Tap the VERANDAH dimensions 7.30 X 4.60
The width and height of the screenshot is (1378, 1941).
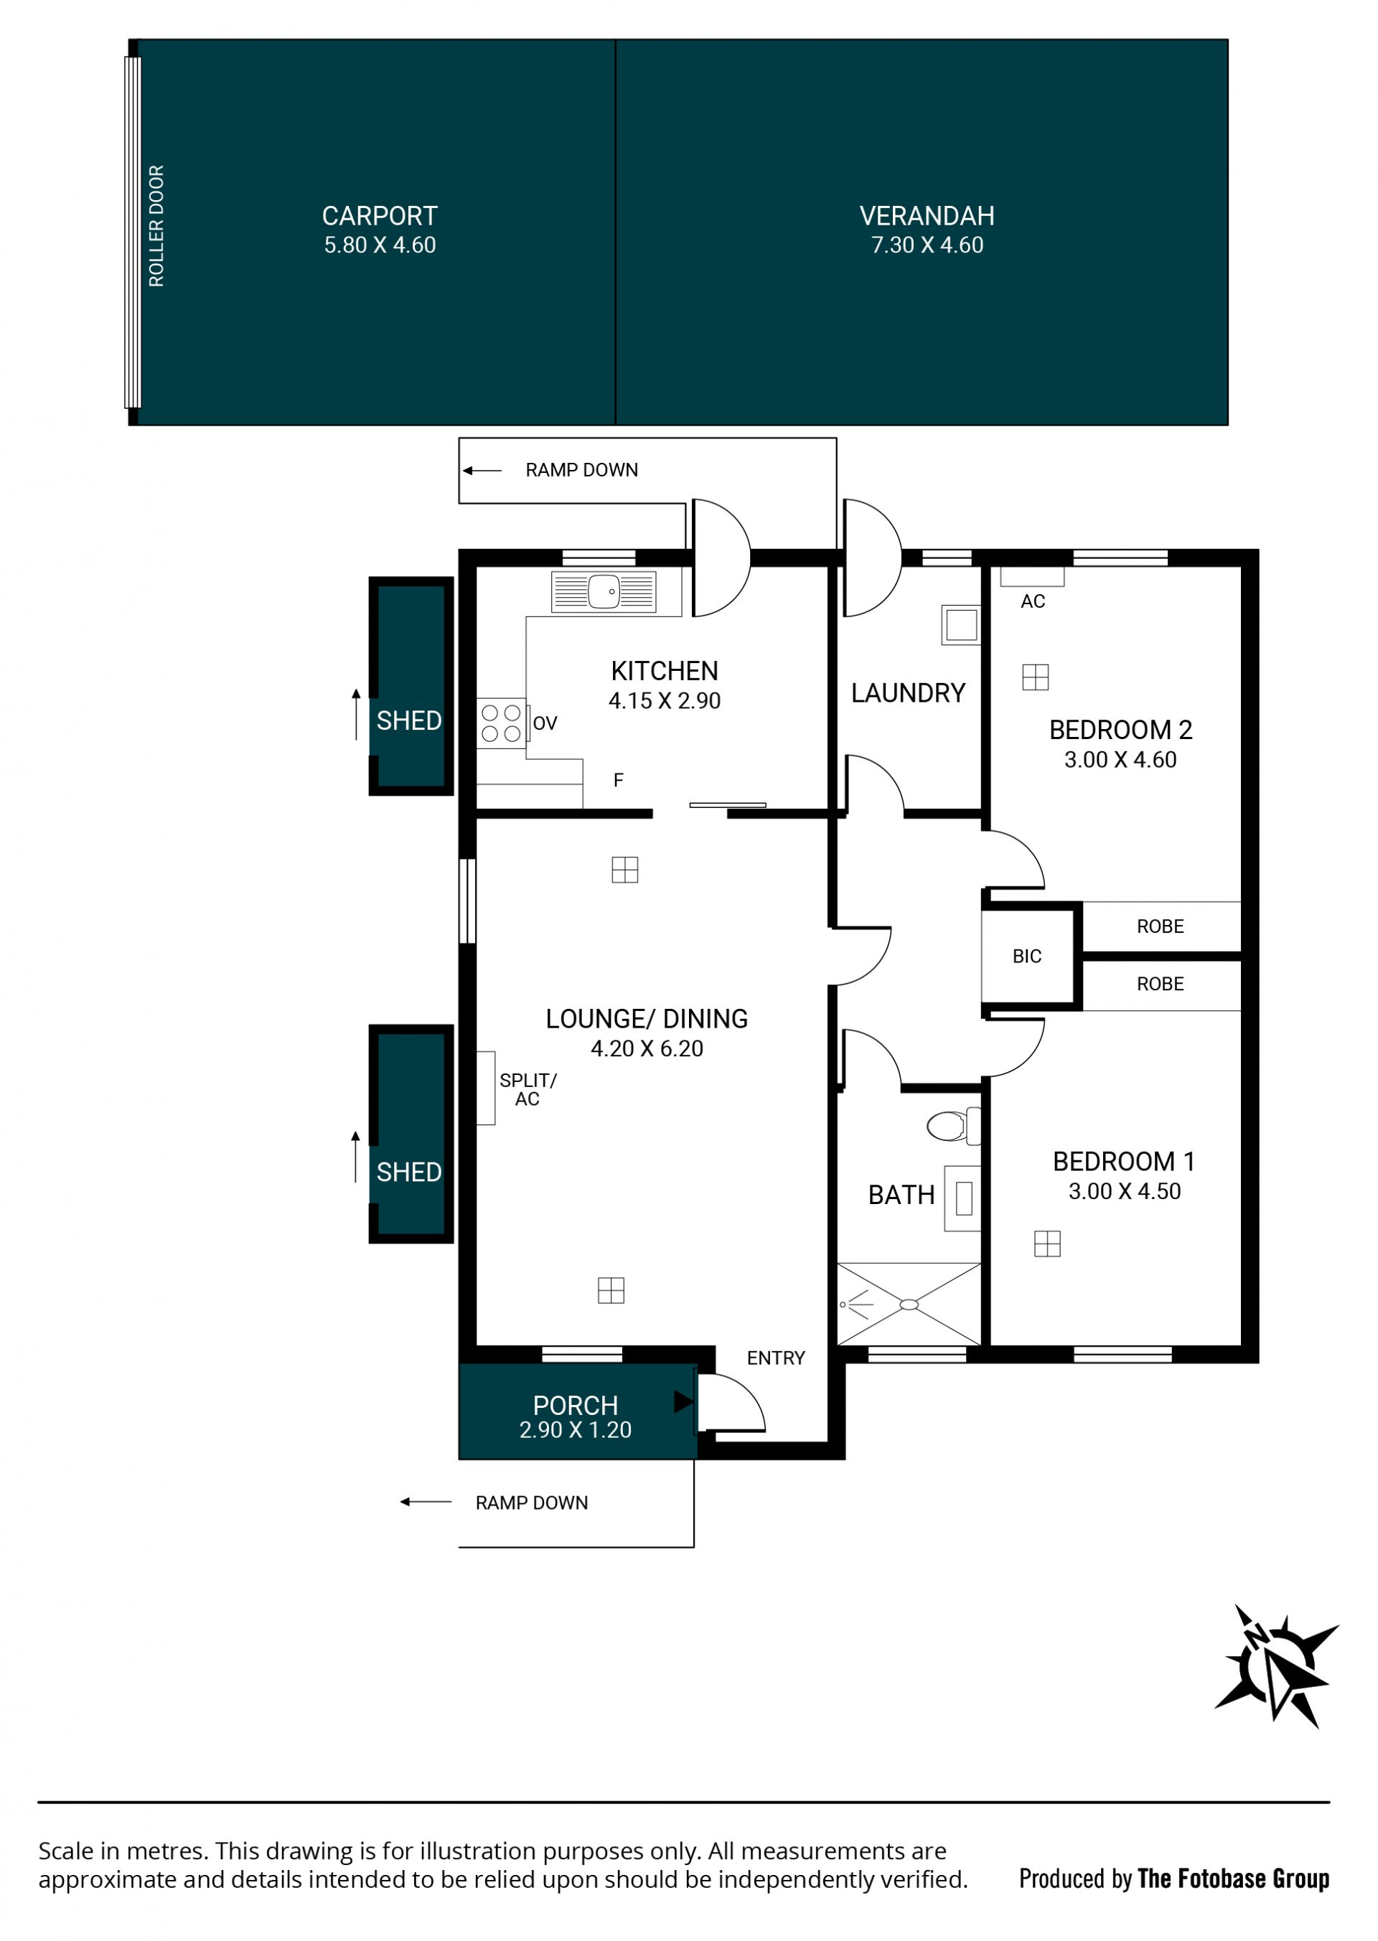tap(927, 245)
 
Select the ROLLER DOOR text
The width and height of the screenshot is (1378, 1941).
tap(157, 225)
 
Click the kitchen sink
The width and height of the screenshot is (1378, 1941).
tap(604, 591)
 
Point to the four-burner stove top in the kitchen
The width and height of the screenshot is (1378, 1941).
tap(502, 723)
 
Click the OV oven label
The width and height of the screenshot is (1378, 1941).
tap(545, 723)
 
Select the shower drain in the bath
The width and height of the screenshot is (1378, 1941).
tap(909, 1305)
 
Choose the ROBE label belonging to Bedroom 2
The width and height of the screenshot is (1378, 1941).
tap(1160, 926)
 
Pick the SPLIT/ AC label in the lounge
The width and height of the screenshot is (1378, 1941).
tap(528, 1089)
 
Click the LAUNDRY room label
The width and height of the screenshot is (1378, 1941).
tap(908, 693)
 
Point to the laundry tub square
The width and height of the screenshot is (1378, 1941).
tap(962, 625)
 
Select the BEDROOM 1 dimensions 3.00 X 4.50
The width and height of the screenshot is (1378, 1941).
tap(1125, 1191)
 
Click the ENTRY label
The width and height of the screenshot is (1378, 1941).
tap(776, 1358)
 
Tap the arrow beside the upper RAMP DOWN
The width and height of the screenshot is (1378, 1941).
tap(482, 470)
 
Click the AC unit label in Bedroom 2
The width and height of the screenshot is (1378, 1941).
tap(1033, 601)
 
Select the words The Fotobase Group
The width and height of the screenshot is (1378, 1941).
tap(1234, 1879)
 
